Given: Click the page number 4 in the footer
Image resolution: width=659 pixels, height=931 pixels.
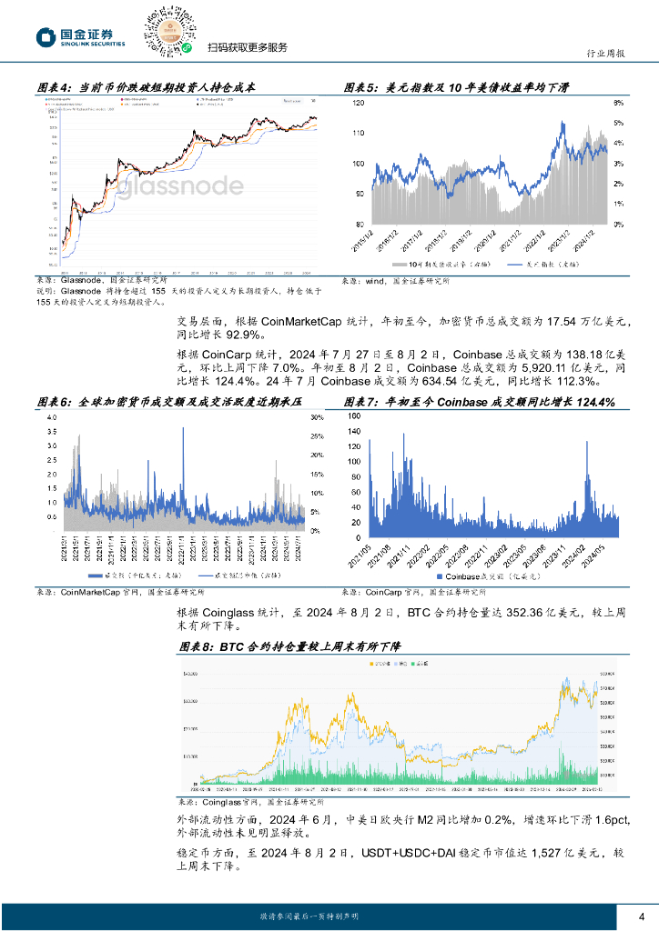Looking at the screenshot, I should point(642,916).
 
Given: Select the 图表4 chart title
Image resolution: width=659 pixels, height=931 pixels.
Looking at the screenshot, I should point(147,87).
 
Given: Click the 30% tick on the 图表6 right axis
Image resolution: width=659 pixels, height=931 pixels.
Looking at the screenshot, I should point(317,417).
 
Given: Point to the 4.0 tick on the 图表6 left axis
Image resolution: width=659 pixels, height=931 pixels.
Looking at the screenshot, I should point(51,417).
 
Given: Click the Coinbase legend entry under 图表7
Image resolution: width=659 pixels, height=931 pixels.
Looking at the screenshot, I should point(473,577).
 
